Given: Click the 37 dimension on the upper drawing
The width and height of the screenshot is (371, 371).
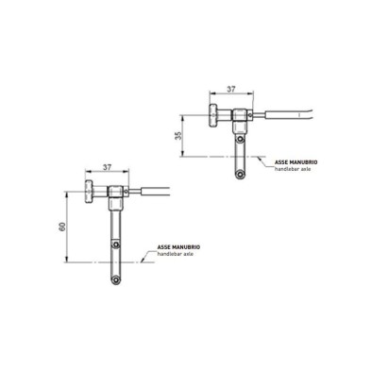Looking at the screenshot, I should tap(232, 91).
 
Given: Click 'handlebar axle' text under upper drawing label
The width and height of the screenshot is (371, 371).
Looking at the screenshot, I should tap(294, 171).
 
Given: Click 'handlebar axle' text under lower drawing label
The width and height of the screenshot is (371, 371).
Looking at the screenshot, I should tap(176, 255).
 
